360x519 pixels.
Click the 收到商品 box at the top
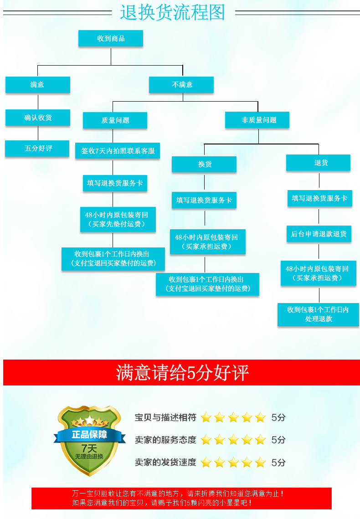tap(111, 39)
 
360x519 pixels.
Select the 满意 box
tap(37, 85)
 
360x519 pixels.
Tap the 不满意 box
tap(182, 85)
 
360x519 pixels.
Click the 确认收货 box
tap(38, 118)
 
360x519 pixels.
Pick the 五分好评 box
tap(38, 149)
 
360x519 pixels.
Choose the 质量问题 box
tap(115, 120)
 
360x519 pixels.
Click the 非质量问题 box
tap(258, 120)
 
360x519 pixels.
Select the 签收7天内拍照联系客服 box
tap(118, 151)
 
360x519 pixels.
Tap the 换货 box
tap(204, 164)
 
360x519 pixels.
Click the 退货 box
tap(319, 163)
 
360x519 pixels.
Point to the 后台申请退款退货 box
tap(319, 234)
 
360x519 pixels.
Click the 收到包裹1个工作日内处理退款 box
tap(318, 314)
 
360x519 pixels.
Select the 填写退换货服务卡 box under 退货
tap(319, 198)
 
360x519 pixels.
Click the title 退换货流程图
tap(172, 12)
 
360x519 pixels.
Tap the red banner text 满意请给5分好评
tap(182, 373)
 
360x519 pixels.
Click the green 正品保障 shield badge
tap(89, 440)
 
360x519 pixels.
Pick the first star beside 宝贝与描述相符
tap(206, 417)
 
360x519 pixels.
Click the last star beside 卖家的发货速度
tap(260, 462)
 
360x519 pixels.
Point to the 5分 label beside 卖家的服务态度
tap(278, 440)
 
